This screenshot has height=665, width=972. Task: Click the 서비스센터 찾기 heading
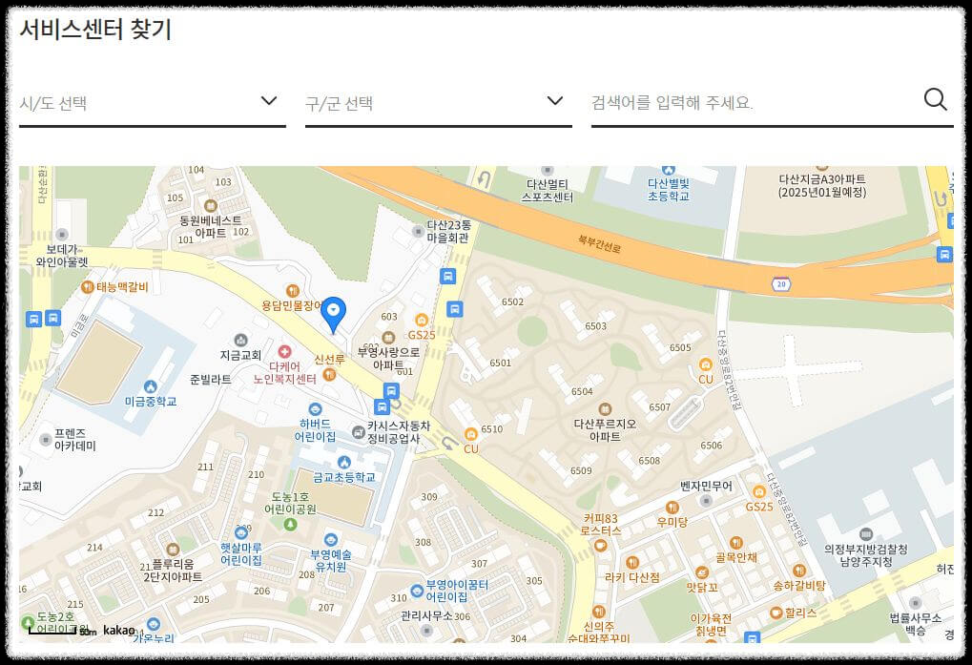[x=95, y=29]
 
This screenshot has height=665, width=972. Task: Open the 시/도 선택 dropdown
[x=152, y=102]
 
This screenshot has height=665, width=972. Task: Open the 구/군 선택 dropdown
[x=438, y=102]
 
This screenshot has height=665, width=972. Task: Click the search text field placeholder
[x=672, y=102]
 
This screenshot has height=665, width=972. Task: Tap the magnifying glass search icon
[x=935, y=99]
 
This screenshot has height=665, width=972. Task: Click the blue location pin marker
[x=333, y=313]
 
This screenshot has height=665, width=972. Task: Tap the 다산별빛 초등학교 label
[x=668, y=189]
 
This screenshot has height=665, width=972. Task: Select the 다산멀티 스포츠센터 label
[x=548, y=190]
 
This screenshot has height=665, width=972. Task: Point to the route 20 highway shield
[x=781, y=284]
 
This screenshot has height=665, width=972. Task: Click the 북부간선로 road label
[x=599, y=244]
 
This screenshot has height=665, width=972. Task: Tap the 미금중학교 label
[x=151, y=402]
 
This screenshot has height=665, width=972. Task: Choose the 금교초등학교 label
[x=343, y=476]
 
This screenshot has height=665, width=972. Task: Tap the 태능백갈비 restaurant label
[x=122, y=287]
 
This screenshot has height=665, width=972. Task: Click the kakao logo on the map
[x=119, y=631]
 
